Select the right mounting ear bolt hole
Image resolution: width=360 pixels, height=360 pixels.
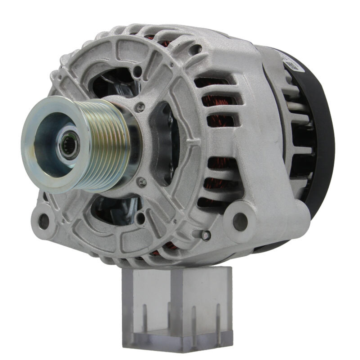tap(240, 221)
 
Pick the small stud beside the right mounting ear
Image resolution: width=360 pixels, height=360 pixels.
tap(206, 235)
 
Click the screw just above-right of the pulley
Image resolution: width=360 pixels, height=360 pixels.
tap(141, 107)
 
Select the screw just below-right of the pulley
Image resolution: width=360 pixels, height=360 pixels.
tap(143, 182)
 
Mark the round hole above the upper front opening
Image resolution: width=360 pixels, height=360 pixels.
tap(137, 71)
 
